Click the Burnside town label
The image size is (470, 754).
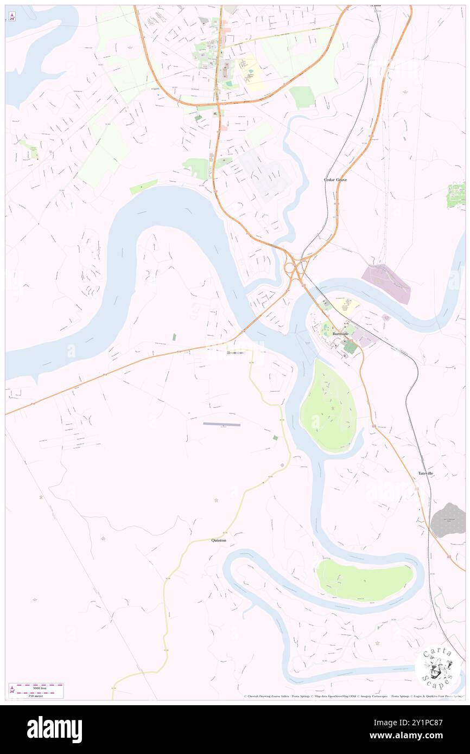click(x=340, y=334)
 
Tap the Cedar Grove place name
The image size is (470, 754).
click(x=335, y=180)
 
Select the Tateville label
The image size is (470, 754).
click(x=425, y=474)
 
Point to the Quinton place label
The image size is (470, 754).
click(x=218, y=540)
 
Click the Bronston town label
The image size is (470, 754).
click(x=236, y=353)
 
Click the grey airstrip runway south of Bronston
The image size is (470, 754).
click(x=221, y=424)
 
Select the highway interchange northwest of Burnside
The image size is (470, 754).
click(x=295, y=266)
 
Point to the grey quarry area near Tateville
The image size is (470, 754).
click(x=448, y=520)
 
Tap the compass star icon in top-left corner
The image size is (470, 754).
click(x=12, y=16)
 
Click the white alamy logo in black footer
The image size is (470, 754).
click(x=54, y=730)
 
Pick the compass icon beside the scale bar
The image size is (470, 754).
click(x=12, y=691)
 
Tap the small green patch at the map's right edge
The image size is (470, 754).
click(x=456, y=195)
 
